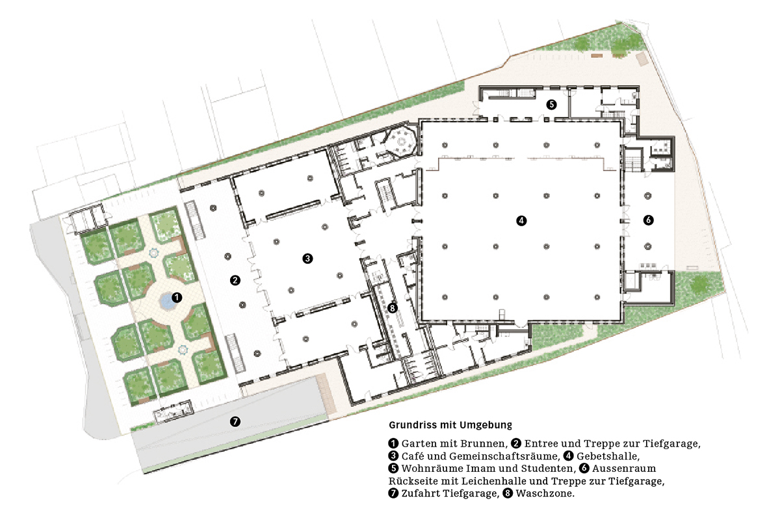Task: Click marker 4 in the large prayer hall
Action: (x=521, y=220)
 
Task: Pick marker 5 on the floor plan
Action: (x=551, y=103)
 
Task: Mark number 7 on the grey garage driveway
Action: (x=235, y=421)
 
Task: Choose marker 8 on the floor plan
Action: (x=391, y=307)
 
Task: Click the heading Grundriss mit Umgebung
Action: (x=450, y=425)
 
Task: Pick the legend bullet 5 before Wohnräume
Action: (x=393, y=469)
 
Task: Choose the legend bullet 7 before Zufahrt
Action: (x=393, y=493)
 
